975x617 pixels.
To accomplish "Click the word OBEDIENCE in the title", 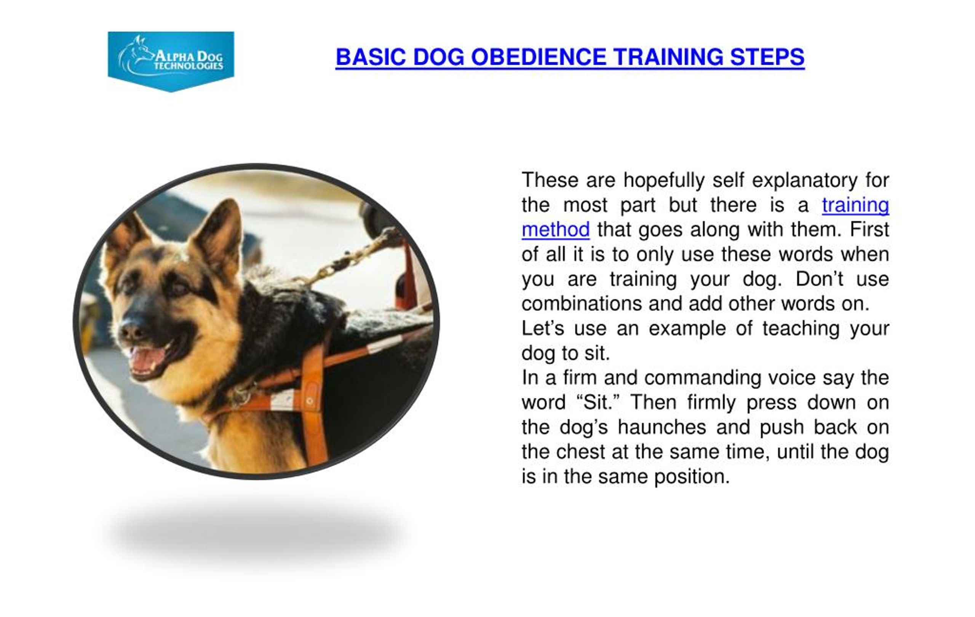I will point(539,57).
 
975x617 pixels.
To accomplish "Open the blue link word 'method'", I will point(556,230).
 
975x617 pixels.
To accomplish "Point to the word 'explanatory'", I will point(804,181).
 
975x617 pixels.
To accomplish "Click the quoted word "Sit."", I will point(598,403).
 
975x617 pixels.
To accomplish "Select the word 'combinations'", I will point(582,304).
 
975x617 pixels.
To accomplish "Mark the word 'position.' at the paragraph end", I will point(692,477).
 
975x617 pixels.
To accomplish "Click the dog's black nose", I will point(133,330).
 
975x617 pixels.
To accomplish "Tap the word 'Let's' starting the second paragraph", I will point(542,329).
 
